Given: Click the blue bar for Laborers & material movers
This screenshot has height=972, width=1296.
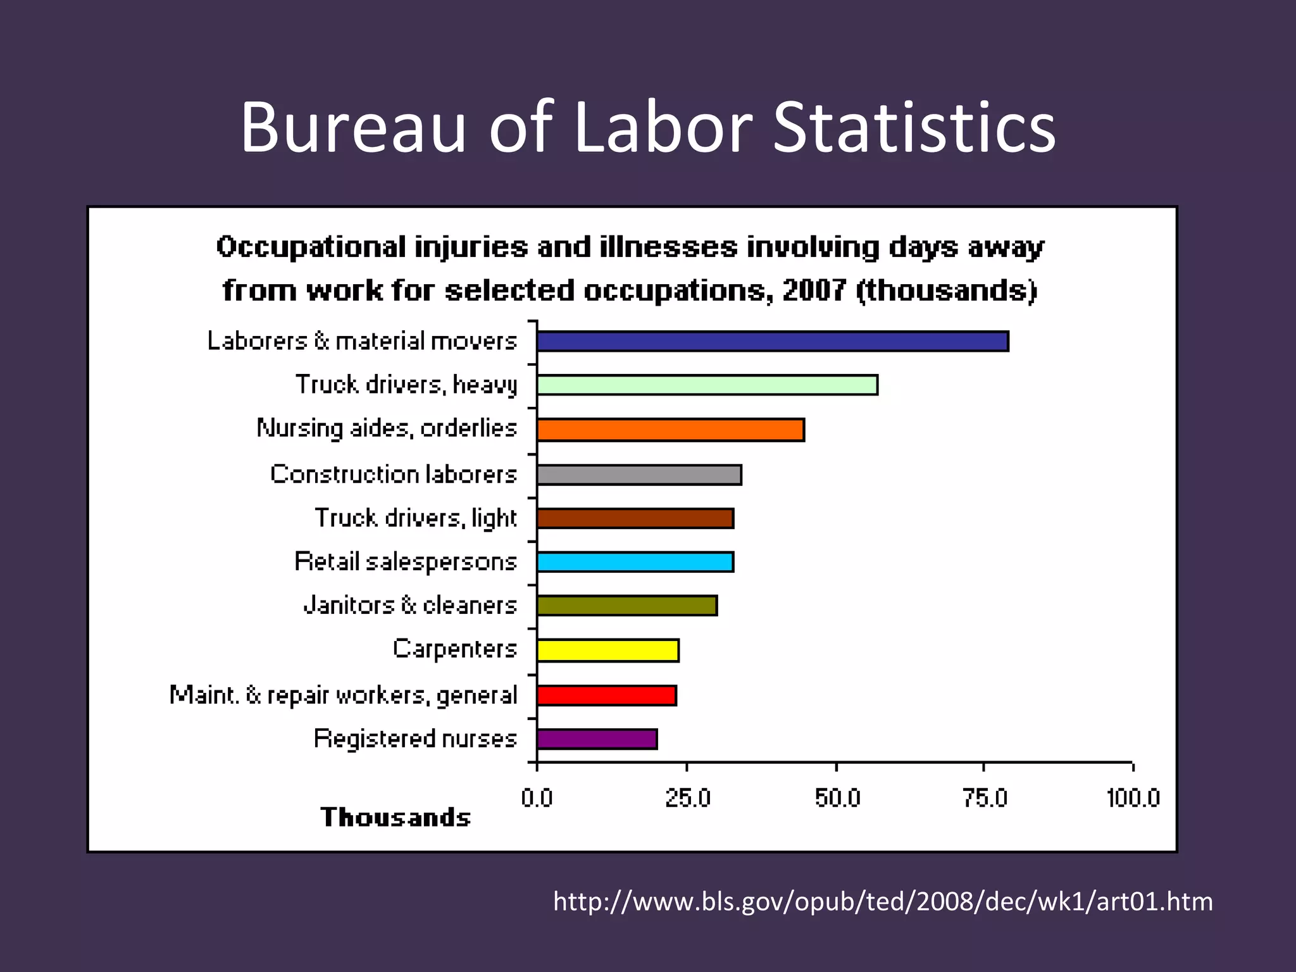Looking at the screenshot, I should [x=772, y=341].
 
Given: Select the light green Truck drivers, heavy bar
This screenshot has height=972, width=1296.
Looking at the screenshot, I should [x=707, y=385].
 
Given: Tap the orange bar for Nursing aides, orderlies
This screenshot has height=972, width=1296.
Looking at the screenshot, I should [x=670, y=430].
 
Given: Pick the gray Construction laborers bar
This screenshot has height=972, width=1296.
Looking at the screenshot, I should [x=639, y=475].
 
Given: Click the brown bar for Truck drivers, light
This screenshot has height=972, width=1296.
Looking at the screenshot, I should [x=635, y=518].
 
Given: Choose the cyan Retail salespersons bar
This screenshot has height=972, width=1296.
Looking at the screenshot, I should [x=635, y=562].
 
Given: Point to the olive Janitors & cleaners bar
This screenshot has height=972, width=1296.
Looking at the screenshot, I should [x=626, y=606].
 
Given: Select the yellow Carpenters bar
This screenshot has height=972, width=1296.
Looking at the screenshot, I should [x=607, y=651].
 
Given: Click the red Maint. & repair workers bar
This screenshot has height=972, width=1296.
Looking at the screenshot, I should [x=606, y=695].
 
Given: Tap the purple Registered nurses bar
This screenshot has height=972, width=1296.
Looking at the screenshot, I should [x=597, y=739].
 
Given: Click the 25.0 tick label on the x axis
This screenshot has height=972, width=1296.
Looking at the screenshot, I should [x=687, y=799].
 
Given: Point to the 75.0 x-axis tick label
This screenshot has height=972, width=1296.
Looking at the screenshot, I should [x=985, y=799].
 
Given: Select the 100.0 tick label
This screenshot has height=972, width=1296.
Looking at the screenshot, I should [x=1133, y=799].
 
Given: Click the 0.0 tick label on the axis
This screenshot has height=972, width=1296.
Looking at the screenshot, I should [x=537, y=799].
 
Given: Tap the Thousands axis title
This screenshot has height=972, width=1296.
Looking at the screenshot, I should [x=396, y=818].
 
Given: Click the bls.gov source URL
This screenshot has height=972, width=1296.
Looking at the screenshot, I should [x=883, y=901].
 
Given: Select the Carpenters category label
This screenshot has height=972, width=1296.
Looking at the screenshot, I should [x=454, y=649].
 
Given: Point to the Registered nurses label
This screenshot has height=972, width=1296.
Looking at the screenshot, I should [x=415, y=738].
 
